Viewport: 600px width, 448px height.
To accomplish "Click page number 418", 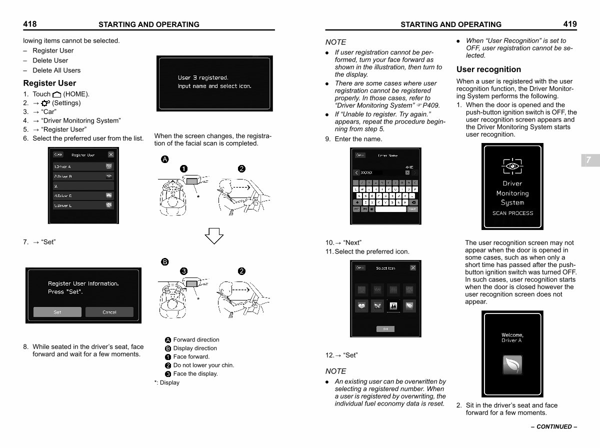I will [29, 23].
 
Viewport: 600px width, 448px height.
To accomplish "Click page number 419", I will [569, 23].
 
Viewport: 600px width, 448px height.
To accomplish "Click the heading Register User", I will [49, 83].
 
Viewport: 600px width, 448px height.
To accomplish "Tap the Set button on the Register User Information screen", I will [57, 312].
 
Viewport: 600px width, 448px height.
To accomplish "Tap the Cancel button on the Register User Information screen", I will [109, 312].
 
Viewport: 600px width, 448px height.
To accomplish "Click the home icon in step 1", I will [56, 94].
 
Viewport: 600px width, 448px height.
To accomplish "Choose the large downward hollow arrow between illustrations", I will [214, 235].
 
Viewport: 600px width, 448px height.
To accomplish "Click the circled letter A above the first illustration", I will [165, 159].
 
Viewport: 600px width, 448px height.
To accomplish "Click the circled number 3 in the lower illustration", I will [183, 271].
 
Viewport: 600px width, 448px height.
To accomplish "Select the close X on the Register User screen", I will [111, 154].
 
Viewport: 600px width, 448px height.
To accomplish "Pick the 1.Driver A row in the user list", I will [83, 166].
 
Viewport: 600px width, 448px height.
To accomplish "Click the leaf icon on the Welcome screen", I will [512, 364].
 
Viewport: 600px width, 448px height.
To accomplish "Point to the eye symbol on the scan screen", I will [512, 166].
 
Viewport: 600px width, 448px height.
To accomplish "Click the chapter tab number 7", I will [589, 160].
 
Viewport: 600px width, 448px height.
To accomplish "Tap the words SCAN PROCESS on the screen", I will [512, 213].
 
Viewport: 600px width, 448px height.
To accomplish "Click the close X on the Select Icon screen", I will [412, 267].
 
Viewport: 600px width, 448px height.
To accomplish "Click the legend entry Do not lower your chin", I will [203, 365].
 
